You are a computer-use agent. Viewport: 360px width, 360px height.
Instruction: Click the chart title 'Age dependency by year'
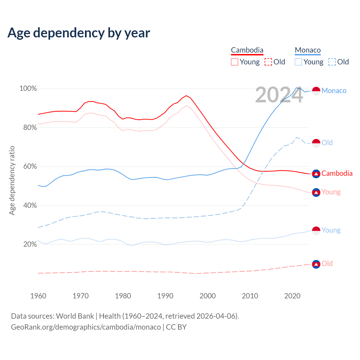(79, 33)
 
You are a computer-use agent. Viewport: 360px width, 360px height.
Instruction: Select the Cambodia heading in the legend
(247, 50)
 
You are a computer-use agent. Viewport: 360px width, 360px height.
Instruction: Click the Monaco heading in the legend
(308, 50)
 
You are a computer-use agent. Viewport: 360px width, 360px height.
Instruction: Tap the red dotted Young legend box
(234, 62)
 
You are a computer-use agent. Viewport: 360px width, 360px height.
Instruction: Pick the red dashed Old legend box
(268, 62)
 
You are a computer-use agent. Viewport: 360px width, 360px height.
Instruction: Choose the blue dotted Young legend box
(298, 62)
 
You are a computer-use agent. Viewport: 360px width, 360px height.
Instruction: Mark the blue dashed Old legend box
(332, 62)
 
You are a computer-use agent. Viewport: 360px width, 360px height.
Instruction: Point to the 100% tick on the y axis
(28, 89)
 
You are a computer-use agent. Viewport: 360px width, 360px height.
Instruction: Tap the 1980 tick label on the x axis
(123, 296)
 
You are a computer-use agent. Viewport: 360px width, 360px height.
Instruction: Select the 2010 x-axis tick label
(250, 296)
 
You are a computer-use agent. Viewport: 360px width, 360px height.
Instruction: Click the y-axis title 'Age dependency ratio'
(12, 180)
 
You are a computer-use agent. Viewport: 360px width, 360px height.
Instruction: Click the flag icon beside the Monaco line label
(316, 91)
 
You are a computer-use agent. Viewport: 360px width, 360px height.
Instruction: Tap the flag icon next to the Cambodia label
(316, 174)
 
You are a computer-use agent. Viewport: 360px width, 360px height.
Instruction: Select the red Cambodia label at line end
(337, 173)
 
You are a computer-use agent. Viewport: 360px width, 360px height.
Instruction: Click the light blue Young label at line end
(331, 230)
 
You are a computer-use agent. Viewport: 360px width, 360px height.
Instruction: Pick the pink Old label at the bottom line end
(327, 264)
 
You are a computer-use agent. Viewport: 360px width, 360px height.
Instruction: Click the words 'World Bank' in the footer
(75, 316)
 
